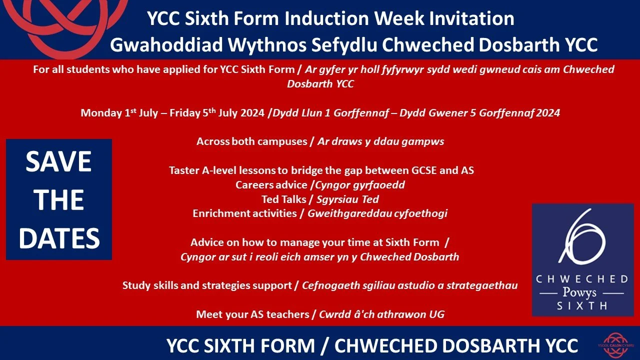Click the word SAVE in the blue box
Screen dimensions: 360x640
pyautogui.click(x=58, y=161)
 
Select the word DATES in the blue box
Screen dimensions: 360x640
pyautogui.click(x=59, y=238)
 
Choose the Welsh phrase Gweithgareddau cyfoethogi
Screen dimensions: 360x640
pyautogui.click(x=377, y=213)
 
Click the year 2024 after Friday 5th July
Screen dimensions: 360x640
pyautogui.click(x=252, y=113)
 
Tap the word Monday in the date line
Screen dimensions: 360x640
pyautogui.click(x=100, y=113)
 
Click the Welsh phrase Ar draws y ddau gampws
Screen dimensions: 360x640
pyautogui.click(x=380, y=141)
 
